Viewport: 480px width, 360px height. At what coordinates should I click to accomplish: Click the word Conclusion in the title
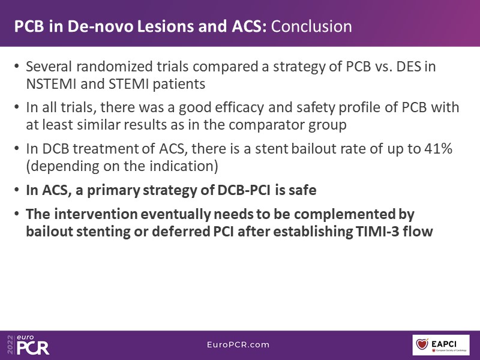[311, 26]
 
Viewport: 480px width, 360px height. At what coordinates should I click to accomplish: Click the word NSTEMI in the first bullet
[51, 84]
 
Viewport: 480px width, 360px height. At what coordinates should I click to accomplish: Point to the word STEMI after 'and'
[129, 84]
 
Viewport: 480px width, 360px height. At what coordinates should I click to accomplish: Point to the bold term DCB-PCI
[244, 190]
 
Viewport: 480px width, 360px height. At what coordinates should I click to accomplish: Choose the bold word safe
[303, 190]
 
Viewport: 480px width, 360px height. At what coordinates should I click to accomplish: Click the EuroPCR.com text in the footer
[238, 344]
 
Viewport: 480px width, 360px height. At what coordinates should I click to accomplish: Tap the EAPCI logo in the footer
[441, 345]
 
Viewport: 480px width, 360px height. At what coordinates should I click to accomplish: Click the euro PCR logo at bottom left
[33, 345]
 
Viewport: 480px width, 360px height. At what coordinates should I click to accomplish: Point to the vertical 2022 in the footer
[11, 344]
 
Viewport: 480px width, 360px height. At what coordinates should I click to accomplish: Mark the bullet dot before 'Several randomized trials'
[17, 66]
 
